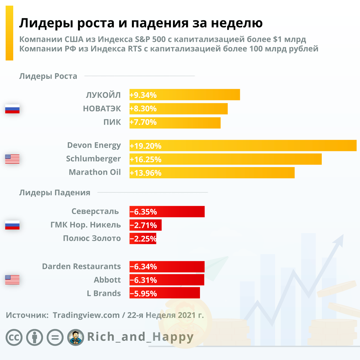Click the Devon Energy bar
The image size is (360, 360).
pyautogui.click(x=243, y=145)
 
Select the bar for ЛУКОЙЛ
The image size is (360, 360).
pyautogui.click(x=185, y=95)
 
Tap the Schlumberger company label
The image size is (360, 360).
pyautogui.click(x=93, y=159)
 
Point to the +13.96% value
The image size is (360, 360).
pyautogui.click(x=146, y=173)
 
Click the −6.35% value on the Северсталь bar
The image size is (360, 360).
pyautogui.click(x=143, y=212)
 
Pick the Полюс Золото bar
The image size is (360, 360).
pyautogui.click(x=143, y=238)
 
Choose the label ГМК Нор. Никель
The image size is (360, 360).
pyautogui.click(x=86, y=225)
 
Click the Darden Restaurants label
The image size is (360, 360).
pyautogui.click(x=82, y=266)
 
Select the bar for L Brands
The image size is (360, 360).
pyautogui.click(x=165, y=293)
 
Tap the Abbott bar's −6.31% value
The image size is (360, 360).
pyautogui.click(x=143, y=280)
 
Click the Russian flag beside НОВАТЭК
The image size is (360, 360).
pyautogui.click(x=12, y=109)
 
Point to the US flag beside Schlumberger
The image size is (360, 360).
pyautogui.click(x=12, y=159)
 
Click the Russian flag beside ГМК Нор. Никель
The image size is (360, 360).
pyautogui.click(x=12, y=225)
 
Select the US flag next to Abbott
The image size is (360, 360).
pyautogui.click(x=12, y=280)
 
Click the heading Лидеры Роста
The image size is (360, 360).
pyautogui.click(x=48, y=76)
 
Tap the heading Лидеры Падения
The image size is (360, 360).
pyautogui.click(x=55, y=193)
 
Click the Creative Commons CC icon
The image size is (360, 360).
pyautogui.click(x=14, y=337)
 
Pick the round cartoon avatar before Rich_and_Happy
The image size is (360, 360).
pyautogui.click(x=76, y=337)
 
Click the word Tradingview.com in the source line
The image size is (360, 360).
pyautogui.click(x=86, y=315)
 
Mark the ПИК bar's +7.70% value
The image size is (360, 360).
pyautogui.click(x=143, y=122)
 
